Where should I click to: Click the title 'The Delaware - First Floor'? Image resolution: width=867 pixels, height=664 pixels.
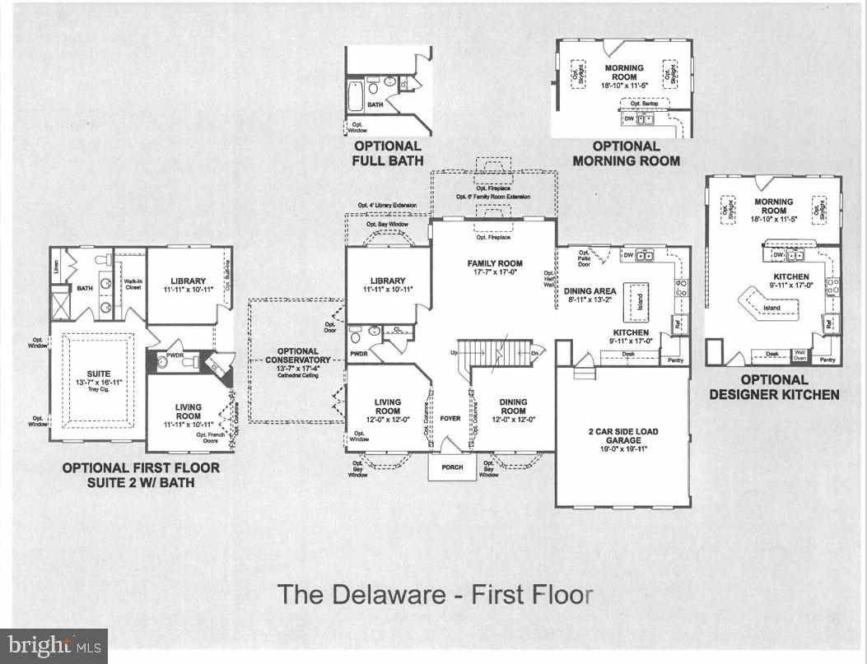(434, 595)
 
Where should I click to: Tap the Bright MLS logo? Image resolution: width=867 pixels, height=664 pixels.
(54, 647)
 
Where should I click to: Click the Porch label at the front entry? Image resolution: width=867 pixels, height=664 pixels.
(452, 467)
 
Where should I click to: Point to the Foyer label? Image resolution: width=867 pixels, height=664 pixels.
(450, 419)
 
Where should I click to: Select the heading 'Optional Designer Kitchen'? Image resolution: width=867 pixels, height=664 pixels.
(773, 387)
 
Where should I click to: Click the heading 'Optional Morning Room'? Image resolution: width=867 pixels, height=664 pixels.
(626, 153)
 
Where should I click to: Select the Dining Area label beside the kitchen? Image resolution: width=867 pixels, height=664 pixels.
(590, 295)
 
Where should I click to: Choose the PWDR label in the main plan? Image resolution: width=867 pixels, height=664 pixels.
(358, 355)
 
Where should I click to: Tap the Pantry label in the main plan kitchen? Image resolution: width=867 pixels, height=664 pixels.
(675, 360)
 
